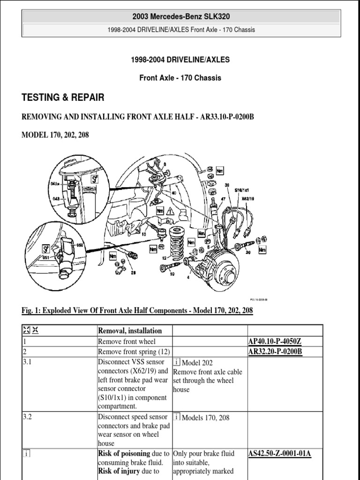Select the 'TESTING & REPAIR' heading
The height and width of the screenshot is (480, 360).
pos(63,97)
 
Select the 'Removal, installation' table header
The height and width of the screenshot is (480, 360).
pos(130,330)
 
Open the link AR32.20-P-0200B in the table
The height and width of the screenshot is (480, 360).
pos(276,352)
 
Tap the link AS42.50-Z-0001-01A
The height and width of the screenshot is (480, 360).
pos(280,453)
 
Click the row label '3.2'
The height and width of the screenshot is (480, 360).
pos(27,417)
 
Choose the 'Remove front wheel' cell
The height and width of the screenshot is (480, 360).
pos(127,342)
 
